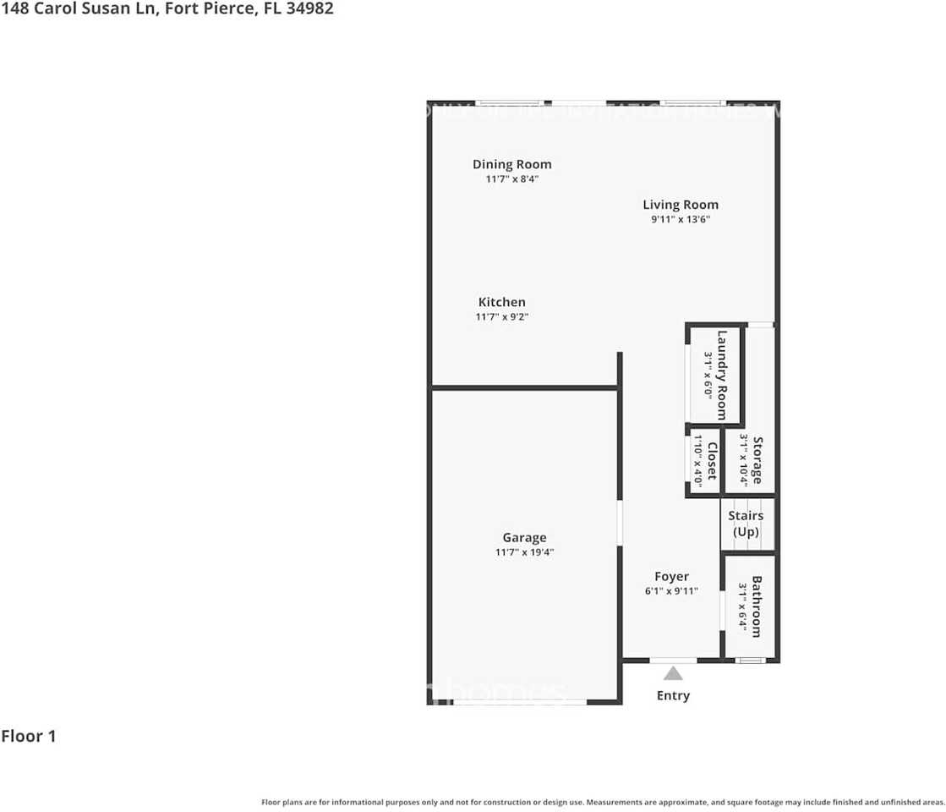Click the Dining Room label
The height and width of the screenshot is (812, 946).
(x=511, y=164)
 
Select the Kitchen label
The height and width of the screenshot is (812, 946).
(x=501, y=302)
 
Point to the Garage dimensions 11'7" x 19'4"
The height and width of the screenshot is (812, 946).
(x=524, y=552)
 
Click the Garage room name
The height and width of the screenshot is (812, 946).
(x=524, y=537)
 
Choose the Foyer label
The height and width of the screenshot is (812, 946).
(x=671, y=577)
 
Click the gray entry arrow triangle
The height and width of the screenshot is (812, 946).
(x=673, y=673)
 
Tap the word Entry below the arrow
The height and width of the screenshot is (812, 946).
(x=673, y=695)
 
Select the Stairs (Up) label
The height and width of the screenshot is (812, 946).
(x=746, y=524)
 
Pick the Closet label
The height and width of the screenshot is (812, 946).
(x=712, y=462)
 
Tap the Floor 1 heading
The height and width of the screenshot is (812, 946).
(x=29, y=736)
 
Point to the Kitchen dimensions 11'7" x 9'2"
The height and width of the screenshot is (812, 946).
(x=501, y=317)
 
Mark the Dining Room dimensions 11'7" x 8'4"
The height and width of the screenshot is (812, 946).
(x=511, y=179)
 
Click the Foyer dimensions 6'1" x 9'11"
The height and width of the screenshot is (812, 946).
(x=671, y=591)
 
